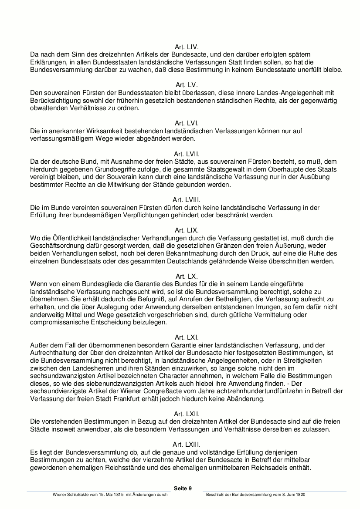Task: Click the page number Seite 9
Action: pyautogui.click(x=183, y=488)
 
